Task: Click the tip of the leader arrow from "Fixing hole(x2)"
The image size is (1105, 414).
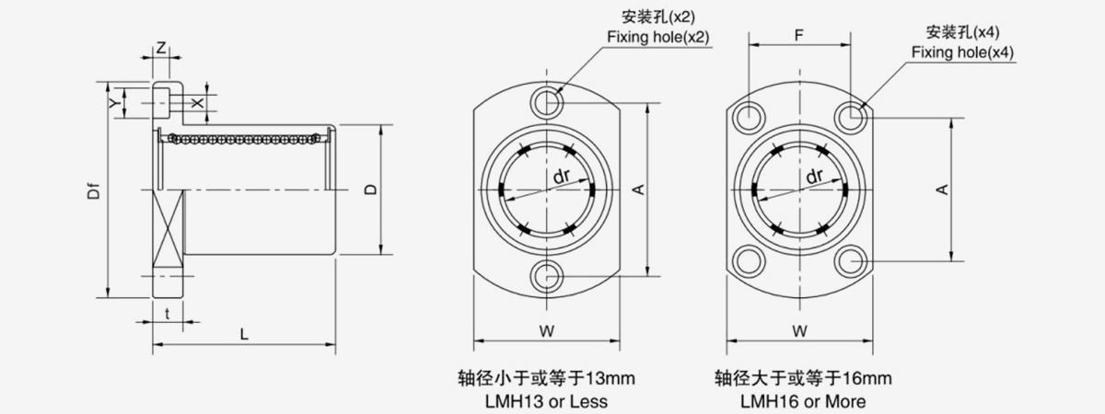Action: coord(556,93)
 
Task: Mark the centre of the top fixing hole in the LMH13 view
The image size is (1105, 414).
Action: coord(546,103)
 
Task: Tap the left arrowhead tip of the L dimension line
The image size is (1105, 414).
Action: coord(153,344)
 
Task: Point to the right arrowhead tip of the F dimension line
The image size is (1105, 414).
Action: coord(851,45)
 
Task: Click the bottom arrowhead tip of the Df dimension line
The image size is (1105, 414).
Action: coord(109,297)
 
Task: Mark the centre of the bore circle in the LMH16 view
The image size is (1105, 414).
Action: coord(799,190)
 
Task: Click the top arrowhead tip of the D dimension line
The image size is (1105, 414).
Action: coord(381,125)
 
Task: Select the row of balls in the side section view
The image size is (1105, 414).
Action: coord(244,139)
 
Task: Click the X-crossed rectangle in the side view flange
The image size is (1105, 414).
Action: coord(169,228)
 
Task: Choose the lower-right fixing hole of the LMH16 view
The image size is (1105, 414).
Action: coord(851,260)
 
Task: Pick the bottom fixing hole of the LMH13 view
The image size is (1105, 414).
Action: coord(546,276)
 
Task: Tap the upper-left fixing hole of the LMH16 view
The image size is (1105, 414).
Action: coord(749,118)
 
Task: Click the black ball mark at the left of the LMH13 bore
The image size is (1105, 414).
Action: coord(501,190)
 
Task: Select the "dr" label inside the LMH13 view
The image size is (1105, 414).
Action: coord(562,176)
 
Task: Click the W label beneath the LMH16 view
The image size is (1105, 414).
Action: coord(799,331)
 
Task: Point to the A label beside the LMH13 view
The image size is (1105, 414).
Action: coord(639,190)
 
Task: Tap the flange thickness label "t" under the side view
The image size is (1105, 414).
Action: coord(168,314)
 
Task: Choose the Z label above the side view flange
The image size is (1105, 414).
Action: coord(161,48)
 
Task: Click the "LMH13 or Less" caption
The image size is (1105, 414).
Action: coord(546,401)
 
